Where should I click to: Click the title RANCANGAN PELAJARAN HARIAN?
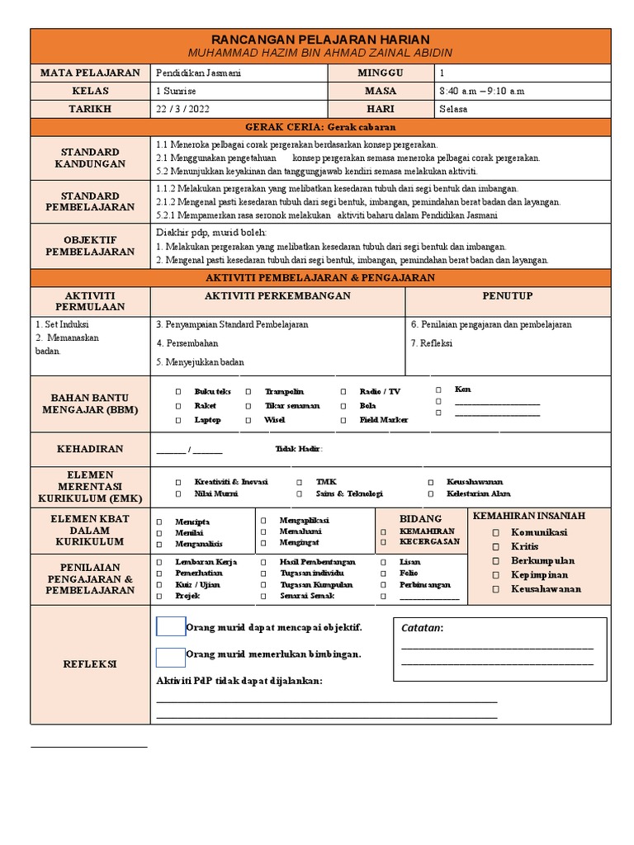(x=320, y=40)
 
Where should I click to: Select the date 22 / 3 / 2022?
(x=177, y=109)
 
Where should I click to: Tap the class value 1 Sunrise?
(x=175, y=91)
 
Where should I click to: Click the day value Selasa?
(x=453, y=109)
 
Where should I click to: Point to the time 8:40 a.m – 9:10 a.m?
(x=482, y=91)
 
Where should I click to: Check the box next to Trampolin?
(x=248, y=392)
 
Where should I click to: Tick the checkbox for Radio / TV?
(x=343, y=392)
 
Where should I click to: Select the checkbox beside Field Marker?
(x=343, y=421)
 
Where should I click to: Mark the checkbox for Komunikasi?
(x=495, y=533)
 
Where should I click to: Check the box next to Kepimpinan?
(x=495, y=575)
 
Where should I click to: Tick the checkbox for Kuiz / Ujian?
(x=158, y=585)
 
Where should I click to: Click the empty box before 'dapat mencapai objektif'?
(x=171, y=627)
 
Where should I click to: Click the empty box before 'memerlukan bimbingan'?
(x=171, y=657)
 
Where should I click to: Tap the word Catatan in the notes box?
(x=421, y=629)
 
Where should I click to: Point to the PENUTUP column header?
(x=507, y=295)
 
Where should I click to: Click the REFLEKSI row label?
(x=90, y=664)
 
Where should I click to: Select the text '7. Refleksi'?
(x=431, y=342)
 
